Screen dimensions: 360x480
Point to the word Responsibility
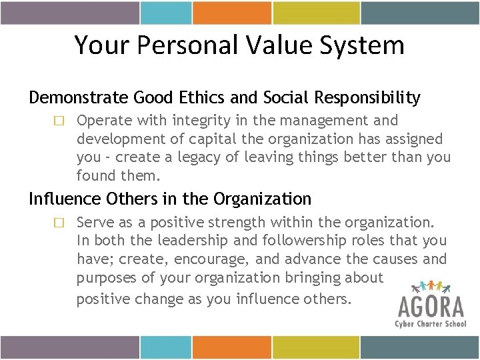pyautogui.click(x=369, y=98)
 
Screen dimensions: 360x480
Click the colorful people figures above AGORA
pyautogui.click(x=432, y=286)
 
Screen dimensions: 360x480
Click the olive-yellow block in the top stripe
pyautogui.click(x=311, y=13)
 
